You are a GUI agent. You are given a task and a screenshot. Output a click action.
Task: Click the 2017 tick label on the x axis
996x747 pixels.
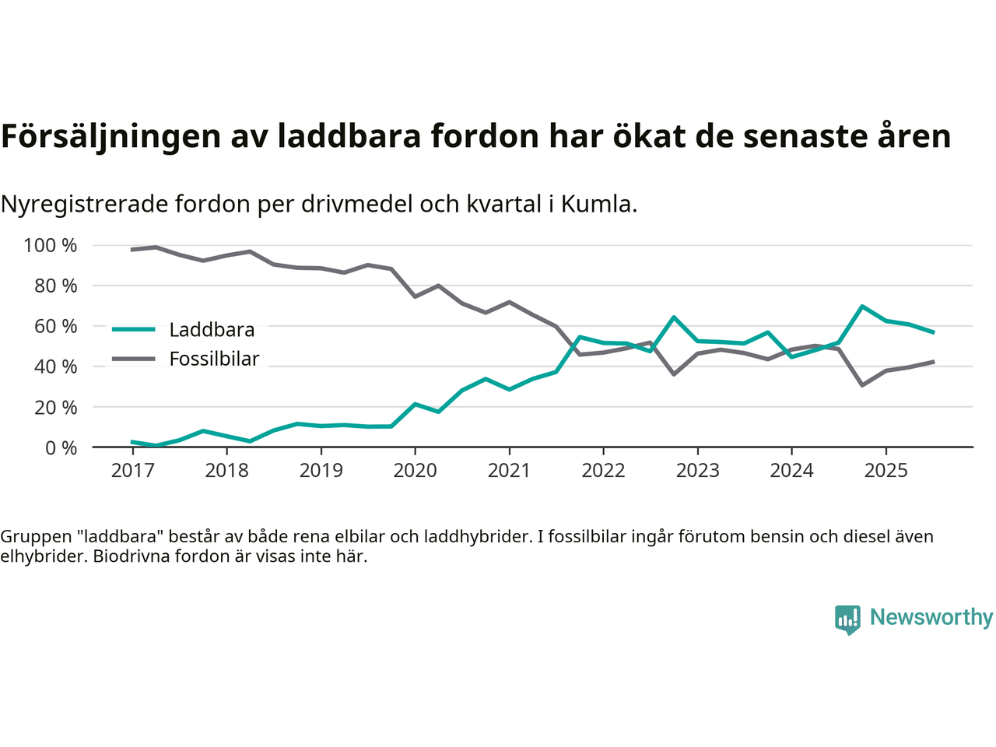[132, 471]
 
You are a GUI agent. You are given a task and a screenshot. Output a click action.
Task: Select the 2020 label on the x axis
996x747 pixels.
[415, 471]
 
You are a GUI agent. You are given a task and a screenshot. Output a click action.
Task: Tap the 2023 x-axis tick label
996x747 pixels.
[697, 471]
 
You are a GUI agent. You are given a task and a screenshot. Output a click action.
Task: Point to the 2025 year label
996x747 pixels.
[886, 471]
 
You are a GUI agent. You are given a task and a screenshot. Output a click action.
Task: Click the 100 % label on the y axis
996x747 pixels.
[51, 246]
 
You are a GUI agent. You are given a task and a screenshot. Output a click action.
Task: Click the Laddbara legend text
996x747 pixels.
[212, 330]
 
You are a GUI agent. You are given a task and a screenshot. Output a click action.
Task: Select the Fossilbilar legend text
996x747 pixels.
[214, 359]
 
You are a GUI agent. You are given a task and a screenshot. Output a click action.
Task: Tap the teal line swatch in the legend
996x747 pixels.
[134, 329]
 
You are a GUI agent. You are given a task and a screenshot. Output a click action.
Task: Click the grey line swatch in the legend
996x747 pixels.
[134, 359]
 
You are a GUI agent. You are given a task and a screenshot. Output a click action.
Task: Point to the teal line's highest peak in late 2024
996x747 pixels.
[862, 307]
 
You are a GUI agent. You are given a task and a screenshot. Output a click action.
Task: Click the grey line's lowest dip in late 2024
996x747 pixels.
[862, 385]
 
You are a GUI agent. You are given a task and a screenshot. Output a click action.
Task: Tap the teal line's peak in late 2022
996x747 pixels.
[674, 317]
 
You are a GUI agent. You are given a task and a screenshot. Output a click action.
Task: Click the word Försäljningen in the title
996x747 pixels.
[110, 136]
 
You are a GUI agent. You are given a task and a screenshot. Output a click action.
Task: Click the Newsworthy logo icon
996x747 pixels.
[847, 619]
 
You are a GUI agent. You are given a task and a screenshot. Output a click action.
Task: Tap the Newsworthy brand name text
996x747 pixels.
[931, 618]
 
